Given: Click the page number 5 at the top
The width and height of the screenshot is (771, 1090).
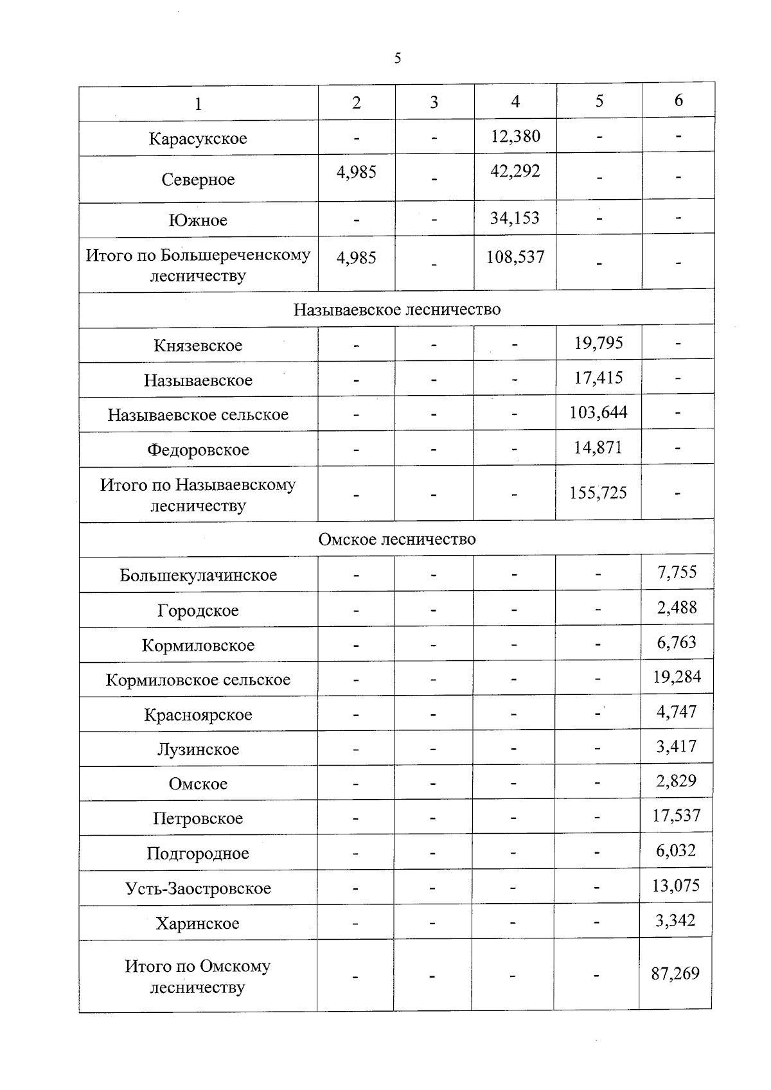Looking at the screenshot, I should tap(397, 58).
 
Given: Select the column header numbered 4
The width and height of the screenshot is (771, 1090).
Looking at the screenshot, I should tap(515, 101).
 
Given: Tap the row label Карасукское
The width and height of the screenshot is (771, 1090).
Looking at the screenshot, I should tap(198, 139).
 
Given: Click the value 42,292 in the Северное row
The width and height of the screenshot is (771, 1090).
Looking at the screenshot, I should tap(515, 171).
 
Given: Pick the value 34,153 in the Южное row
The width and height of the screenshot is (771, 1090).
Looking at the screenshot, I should tap(515, 218).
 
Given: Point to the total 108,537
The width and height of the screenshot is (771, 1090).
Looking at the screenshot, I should tap(515, 258).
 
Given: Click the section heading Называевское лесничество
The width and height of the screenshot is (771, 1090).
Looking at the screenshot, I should tap(397, 310).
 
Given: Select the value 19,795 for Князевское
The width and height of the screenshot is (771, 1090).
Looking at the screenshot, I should tap(598, 343).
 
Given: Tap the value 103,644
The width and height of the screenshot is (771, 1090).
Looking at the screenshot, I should tap(598, 412).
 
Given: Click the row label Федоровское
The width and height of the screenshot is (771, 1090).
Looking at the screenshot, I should tap(198, 450).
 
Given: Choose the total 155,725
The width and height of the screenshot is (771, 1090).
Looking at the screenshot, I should tap(598, 493).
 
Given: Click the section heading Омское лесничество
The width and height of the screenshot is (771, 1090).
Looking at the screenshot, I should tap(397, 539).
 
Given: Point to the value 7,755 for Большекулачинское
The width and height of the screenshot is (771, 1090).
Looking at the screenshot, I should tap(677, 572).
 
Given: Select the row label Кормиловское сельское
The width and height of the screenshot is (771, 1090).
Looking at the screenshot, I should tap(198, 680).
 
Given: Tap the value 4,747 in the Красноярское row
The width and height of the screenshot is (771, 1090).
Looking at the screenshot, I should tap(677, 712).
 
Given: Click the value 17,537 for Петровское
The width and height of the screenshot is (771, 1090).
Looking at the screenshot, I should tap(677, 816).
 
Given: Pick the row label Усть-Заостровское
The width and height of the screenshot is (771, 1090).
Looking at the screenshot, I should tap(198, 889).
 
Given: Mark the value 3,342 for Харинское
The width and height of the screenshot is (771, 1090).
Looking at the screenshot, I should tap(675, 920).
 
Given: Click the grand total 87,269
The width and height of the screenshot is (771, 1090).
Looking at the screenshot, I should tap(675, 974).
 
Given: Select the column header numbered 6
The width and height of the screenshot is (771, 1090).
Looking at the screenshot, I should tap(678, 100).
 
